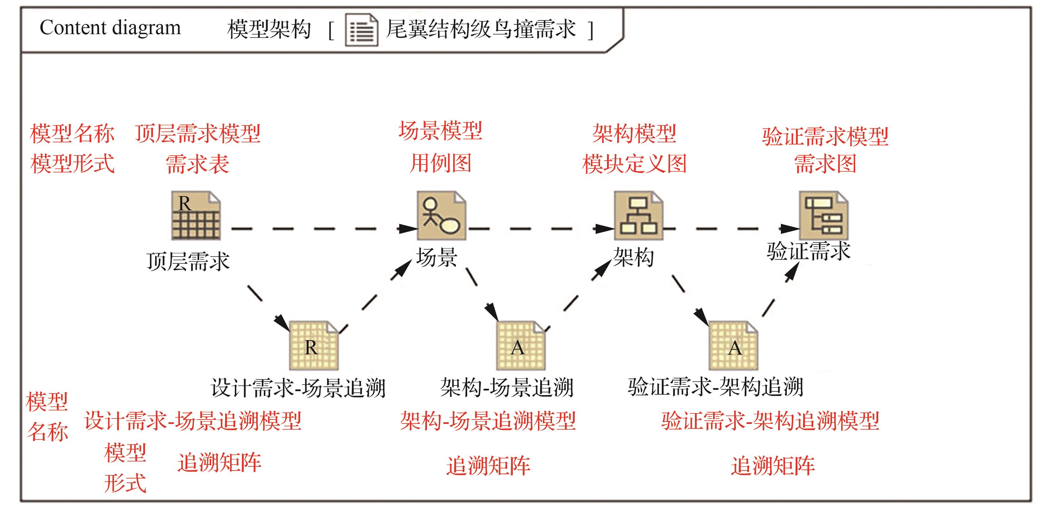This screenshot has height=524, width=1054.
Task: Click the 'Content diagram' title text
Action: [x=110, y=28]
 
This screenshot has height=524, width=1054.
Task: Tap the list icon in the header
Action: [x=361, y=30]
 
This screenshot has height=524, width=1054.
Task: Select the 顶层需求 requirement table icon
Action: [x=196, y=216]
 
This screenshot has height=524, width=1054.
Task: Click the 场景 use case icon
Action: [x=441, y=216]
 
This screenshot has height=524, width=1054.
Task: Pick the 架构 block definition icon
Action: [x=638, y=216]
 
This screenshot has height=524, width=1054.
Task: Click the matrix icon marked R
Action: [x=314, y=346]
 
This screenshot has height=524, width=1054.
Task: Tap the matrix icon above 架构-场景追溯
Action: [x=521, y=346]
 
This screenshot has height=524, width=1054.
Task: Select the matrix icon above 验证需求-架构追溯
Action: [x=733, y=346]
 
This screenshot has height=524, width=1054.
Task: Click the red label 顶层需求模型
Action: [x=198, y=134]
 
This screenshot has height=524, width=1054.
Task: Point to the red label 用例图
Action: [x=441, y=163]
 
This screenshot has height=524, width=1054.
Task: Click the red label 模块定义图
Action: [x=634, y=164]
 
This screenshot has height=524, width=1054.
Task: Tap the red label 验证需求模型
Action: [x=825, y=136]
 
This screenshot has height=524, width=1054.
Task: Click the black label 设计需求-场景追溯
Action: [x=298, y=387]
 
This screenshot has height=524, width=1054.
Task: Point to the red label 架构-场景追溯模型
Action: [x=488, y=421]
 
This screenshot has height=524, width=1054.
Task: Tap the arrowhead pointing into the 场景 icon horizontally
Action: [x=408, y=228]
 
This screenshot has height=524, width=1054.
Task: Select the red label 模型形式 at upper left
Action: [x=72, y=164]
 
